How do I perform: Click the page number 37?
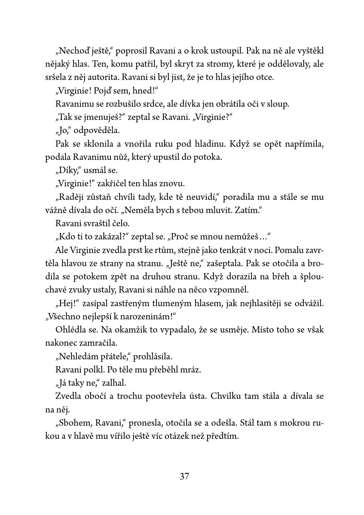(x=184, y=476)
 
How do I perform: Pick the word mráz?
(x=190, y=370)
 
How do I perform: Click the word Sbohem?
(x=74, y=423)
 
